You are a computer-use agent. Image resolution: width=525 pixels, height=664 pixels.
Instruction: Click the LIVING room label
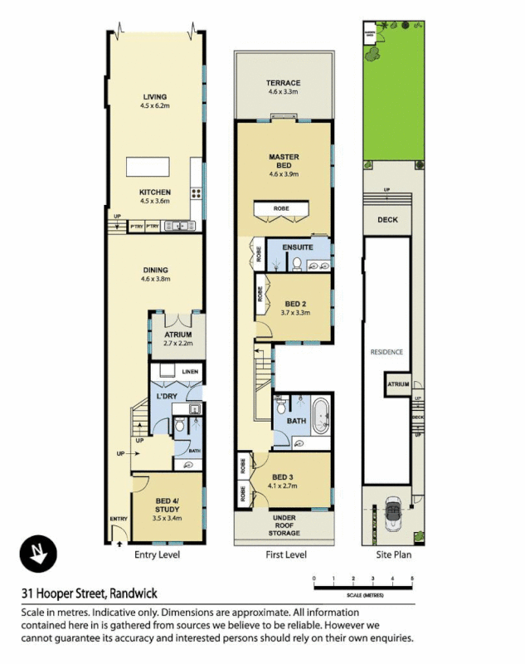(155, 97)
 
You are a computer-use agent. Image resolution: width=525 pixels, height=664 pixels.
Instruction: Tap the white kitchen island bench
(154, 166)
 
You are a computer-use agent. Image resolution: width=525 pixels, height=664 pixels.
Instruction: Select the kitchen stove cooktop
(197, 194)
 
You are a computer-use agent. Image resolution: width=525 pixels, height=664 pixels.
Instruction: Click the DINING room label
(155, 270)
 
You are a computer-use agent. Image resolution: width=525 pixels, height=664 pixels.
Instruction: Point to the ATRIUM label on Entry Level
(177, 335)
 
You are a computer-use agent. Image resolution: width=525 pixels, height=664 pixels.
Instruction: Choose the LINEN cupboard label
(190, 371)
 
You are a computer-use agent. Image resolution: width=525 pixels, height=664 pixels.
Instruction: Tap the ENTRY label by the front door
(119, 520)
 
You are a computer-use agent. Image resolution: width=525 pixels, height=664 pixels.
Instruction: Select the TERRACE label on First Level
(283, 83)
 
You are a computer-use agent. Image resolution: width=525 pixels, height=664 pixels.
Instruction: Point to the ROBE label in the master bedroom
(283, 207)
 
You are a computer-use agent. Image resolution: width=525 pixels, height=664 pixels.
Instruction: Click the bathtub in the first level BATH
(318, 411)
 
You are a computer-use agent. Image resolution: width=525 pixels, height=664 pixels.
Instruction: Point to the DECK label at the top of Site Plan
(387, 220)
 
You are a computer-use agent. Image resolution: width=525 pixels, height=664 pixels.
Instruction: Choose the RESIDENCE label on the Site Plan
(386, 352)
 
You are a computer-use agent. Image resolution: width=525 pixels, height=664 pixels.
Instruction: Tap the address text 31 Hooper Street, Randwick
(90, 593)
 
